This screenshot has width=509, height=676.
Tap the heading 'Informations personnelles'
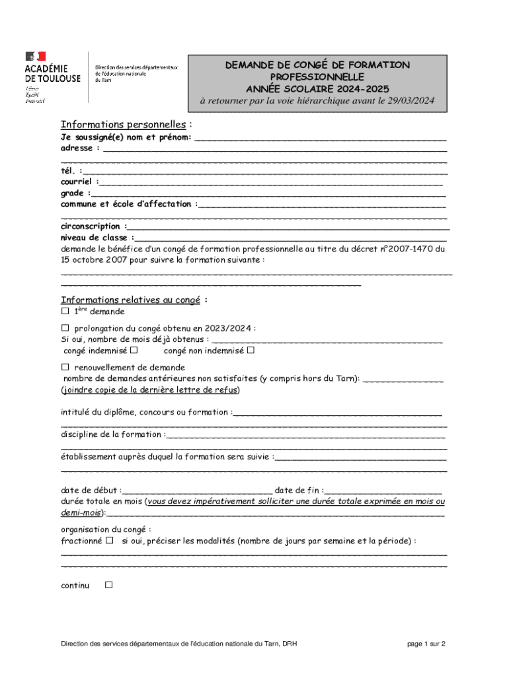(x=124, y=125)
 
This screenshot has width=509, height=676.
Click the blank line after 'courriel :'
(x=271, y=183)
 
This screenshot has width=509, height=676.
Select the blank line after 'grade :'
(x=268, y=194)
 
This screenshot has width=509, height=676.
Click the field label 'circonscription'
(x=91, y=226)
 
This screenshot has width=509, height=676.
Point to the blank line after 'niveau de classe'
(x=291, y=238)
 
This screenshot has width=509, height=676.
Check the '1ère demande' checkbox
(x=65, y=311)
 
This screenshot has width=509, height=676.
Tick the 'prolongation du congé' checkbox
(x=65, y=328)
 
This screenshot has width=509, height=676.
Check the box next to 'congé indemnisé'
(x=134, y=351)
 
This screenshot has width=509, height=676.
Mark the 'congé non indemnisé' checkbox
(x=251, y=351)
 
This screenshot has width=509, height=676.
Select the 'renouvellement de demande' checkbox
(x=65, y=367)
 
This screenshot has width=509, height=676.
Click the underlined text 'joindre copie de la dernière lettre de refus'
(x=151, y=390)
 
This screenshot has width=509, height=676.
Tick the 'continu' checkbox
(x=109, y=585)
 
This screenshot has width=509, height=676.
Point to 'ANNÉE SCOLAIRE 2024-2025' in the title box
(x=317, y=88)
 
